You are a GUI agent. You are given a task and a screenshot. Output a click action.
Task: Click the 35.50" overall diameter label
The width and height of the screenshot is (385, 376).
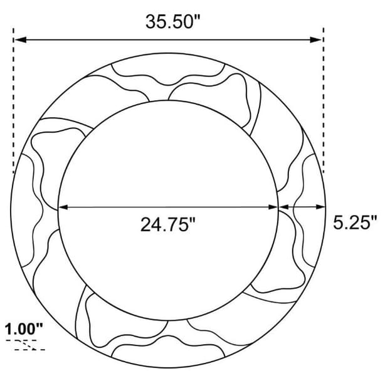173,22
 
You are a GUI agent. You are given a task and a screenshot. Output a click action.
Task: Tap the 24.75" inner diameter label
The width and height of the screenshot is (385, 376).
168,224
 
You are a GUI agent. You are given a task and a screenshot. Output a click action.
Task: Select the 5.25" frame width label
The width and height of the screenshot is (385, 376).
354,222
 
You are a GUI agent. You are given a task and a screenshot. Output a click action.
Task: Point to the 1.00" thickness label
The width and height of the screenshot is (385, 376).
24,329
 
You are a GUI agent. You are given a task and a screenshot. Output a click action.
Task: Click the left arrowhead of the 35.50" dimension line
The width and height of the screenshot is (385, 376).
20,39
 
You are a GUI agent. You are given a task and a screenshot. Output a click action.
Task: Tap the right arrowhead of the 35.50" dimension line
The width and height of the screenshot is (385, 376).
315,39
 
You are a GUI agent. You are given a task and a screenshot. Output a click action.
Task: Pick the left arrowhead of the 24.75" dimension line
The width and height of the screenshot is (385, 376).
63,207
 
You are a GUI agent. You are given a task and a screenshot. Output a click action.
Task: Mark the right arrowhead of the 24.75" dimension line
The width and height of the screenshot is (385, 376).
273,207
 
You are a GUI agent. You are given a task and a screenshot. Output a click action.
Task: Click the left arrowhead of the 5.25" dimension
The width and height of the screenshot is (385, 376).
283,207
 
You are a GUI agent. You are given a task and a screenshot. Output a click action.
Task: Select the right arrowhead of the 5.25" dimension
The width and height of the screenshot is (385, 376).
320,207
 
